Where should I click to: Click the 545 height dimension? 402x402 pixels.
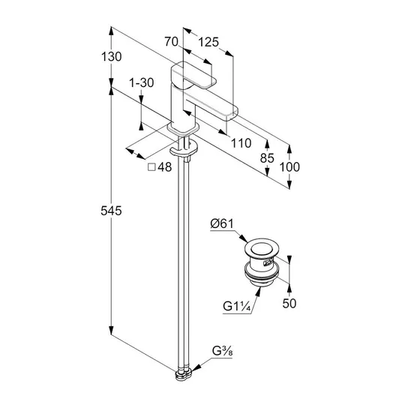111,211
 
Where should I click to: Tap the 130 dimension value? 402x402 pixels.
111,57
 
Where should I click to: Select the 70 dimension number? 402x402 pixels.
171,41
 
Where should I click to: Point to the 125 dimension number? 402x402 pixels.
208,42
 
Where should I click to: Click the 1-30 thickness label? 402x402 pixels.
141,82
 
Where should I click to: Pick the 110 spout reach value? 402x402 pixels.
241,143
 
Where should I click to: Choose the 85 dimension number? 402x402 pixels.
267,158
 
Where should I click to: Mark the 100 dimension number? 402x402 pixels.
289,167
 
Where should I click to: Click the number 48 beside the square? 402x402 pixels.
164,167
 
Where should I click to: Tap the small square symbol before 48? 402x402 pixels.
151,167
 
